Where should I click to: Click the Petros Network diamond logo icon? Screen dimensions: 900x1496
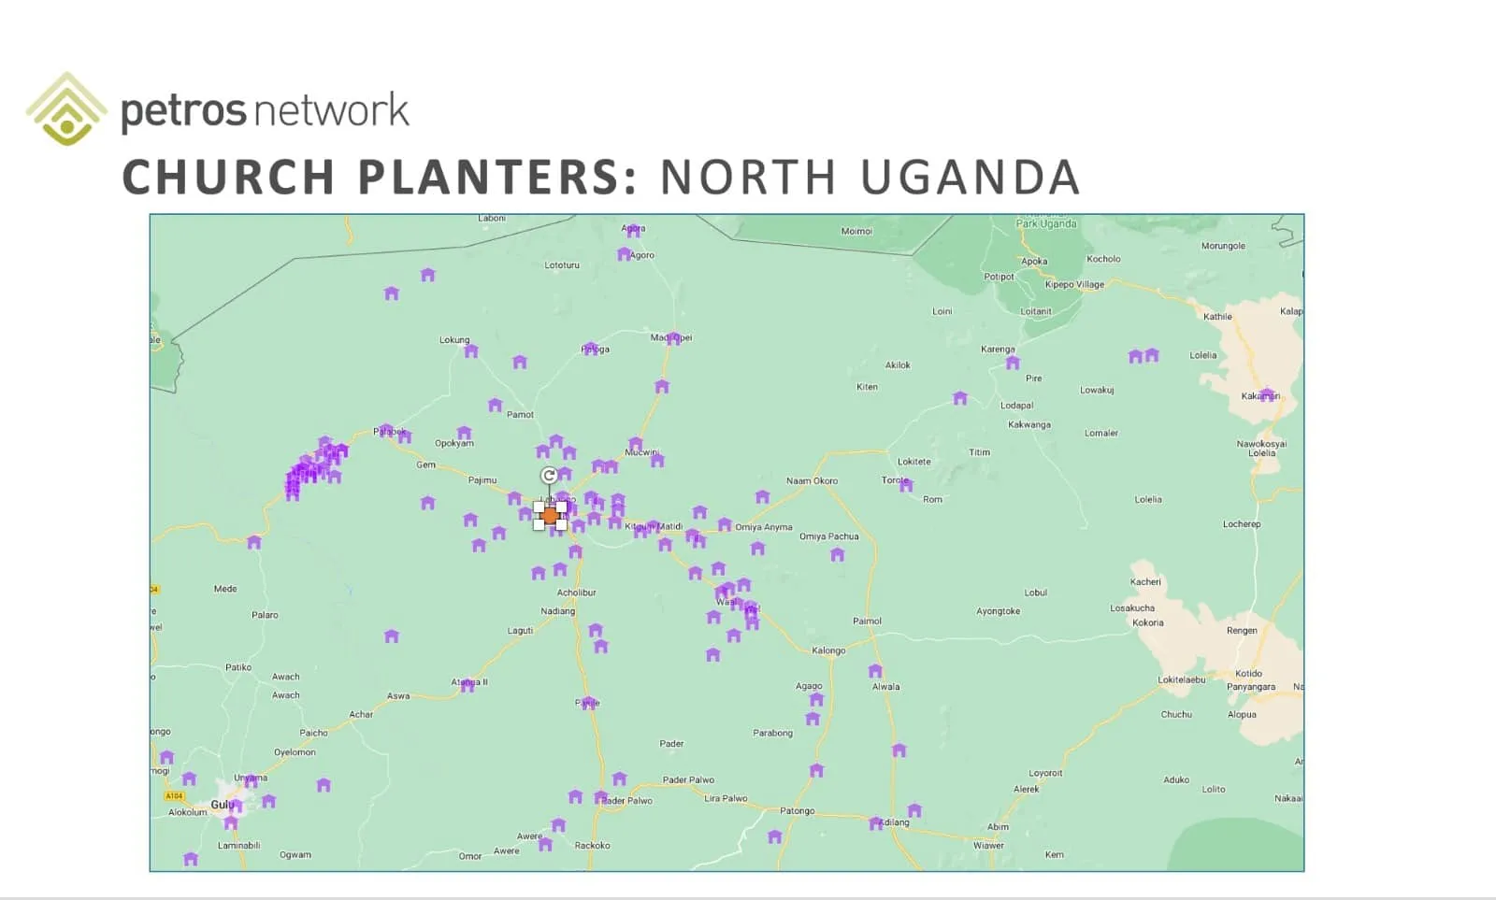(65, 109)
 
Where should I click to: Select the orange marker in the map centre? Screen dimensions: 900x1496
(550, 515)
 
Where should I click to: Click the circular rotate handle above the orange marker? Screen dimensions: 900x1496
(549, 476)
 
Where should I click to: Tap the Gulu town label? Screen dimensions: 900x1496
(222, 805)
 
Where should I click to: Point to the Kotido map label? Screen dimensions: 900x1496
(1248, 673)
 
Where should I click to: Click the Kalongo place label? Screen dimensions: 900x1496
(828, 650)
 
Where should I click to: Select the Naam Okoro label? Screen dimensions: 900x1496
(812, 481)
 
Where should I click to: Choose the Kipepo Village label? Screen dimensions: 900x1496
(1074, 285)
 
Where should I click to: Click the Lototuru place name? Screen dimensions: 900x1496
(562, 265)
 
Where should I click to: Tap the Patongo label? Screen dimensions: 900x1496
(798, 811)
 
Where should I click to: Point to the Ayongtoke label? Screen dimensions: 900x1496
(998, 611)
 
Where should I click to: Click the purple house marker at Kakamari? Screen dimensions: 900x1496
(1267, 395)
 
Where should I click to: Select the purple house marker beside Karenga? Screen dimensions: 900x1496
(1013, 363)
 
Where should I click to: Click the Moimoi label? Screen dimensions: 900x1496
(856, 231)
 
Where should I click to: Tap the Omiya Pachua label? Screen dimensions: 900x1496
(828, 536)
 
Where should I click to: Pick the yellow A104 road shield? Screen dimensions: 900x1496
(174, 796)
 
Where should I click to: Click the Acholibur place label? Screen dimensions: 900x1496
(576, 593)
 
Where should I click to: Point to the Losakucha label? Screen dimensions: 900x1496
(1131, 608)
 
